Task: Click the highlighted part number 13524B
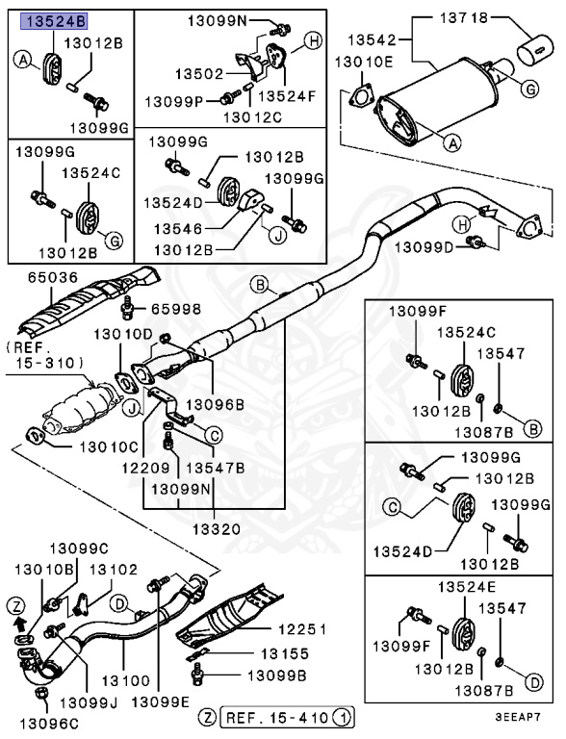click(x=54, y=21)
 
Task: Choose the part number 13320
click(x=213, y=528)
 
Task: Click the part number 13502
click(x=197, y=73)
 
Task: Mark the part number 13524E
click(x=465, y=587)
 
